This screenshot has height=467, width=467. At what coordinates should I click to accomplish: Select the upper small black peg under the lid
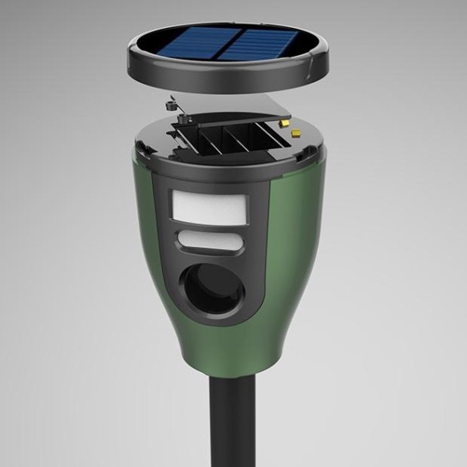click(170, 103)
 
